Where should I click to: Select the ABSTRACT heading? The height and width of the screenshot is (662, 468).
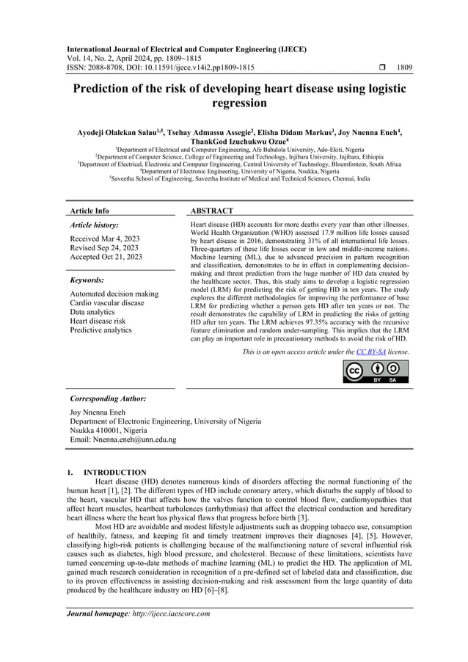pos(212,211)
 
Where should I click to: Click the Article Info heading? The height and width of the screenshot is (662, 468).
pos(89,211)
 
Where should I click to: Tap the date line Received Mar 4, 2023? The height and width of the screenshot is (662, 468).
pos(105,239)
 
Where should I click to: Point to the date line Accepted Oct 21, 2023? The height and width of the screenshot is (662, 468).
pos(106,257)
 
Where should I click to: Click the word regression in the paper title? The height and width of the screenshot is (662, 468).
pos(234,104)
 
